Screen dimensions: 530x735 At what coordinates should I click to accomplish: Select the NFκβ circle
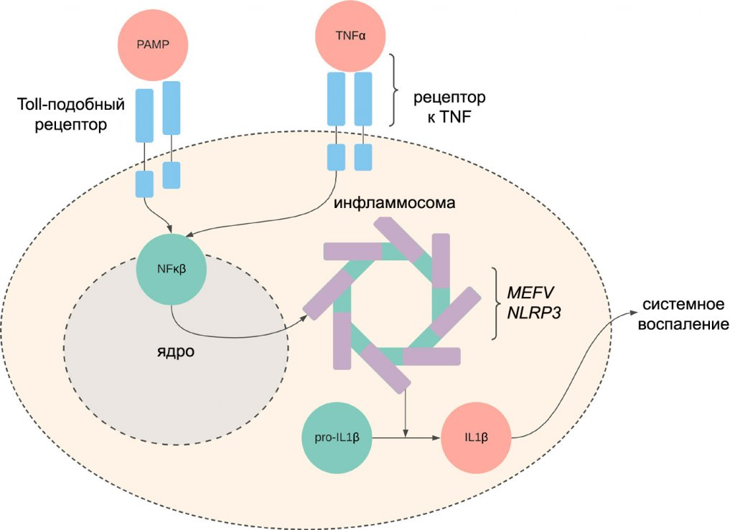click(172, 270)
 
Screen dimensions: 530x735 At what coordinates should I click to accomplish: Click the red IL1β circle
click(477, 437)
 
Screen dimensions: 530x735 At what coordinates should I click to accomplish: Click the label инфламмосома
click(395, 203)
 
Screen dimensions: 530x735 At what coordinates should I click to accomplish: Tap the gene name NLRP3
click(535, 313)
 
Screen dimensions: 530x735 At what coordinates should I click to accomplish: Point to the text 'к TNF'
click(445, 117)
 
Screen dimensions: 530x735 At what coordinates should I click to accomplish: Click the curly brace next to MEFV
click(495, 303)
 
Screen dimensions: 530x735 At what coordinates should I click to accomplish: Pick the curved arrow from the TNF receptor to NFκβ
click(287, 219)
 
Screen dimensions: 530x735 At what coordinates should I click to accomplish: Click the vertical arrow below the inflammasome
click(407, 412)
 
